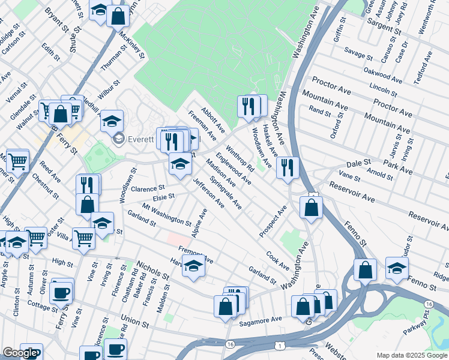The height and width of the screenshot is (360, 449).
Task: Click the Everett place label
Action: (142, 139)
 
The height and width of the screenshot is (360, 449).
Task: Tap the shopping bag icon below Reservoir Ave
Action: (311, 208)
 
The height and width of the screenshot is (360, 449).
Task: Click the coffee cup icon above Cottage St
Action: (61, 292)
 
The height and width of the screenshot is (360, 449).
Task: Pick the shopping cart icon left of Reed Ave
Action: (18, 160)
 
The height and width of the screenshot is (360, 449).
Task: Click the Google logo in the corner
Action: (20, 353)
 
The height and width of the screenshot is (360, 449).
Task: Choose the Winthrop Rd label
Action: (240, 158)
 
